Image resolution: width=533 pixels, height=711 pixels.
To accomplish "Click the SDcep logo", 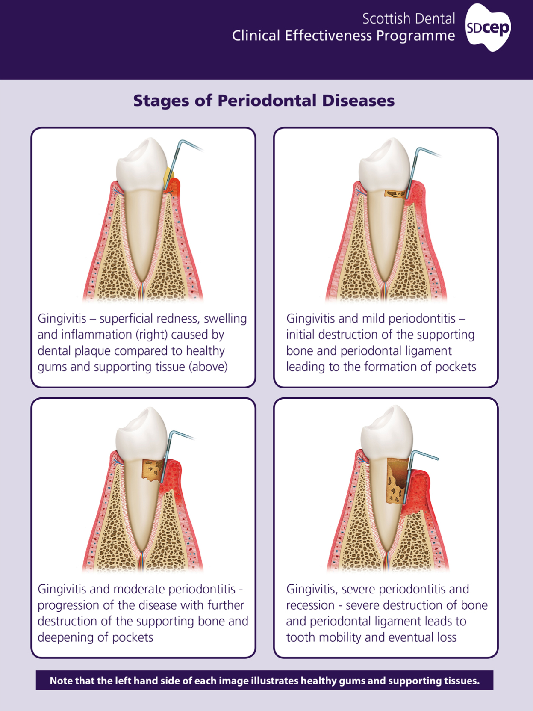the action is click(488, 28).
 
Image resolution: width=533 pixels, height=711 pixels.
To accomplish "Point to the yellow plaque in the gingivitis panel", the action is click(169, 178).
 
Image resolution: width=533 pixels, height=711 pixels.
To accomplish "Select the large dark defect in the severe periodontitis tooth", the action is click(398, 480).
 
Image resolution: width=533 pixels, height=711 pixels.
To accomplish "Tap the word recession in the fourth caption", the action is click(310, 605).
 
